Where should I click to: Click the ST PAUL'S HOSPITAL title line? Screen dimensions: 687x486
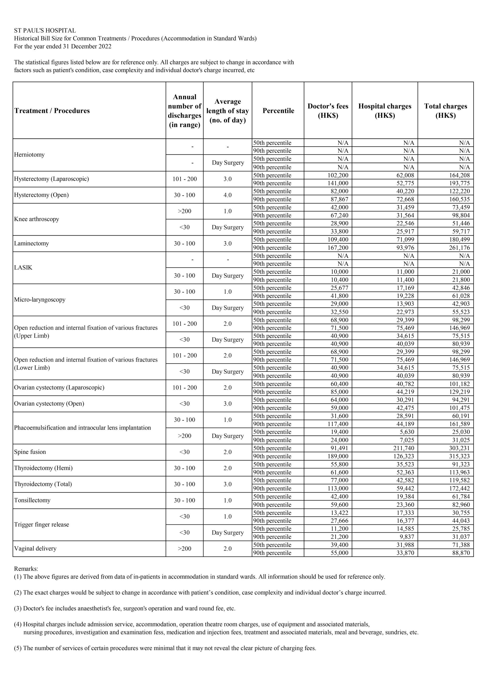coord(45,31)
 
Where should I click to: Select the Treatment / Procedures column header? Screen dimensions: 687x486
coord(52,111)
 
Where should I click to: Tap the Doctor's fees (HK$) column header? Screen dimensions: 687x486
coord(328,111)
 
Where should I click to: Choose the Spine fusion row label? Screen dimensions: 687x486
coord(30,452)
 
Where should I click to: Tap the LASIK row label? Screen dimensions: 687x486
coord(23,267)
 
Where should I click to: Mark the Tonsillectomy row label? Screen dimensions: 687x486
coord(32,500)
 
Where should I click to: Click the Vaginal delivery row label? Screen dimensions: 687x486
coord(35,548)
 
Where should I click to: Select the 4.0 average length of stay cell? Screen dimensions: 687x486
coord(227,195)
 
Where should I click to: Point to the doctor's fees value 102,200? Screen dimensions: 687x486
coord(338,175)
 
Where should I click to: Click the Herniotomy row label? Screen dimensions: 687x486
coord(29,155)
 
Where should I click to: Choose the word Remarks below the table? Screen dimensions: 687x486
coord(26,568)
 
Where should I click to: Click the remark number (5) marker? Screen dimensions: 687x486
coord(18,648)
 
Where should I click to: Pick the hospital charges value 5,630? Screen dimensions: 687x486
coord(407,432)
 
